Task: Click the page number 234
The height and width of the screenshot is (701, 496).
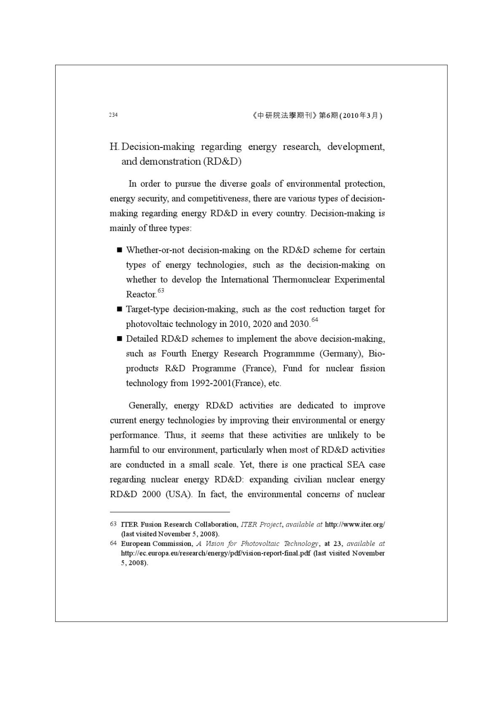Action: coord(113,115)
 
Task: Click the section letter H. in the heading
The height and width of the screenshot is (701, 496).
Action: coord(114,147)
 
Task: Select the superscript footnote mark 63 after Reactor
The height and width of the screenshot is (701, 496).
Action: coord(161,291)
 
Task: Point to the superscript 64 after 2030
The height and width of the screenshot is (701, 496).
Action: coord(315,320)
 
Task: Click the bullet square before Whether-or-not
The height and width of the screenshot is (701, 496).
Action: coord(119,250)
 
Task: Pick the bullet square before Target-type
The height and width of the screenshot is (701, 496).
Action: coord(119,309)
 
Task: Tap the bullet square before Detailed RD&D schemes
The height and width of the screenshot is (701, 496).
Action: coord(119,339)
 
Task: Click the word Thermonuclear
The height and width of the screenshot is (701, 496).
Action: coord(301,280)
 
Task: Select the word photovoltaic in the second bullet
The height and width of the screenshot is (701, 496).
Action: coord(149,324)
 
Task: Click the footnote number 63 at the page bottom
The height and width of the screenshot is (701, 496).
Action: coord(113,524)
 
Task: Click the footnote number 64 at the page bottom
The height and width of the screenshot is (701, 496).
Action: coord(113,543)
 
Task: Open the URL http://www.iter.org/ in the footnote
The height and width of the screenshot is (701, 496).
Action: coord(355,524)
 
